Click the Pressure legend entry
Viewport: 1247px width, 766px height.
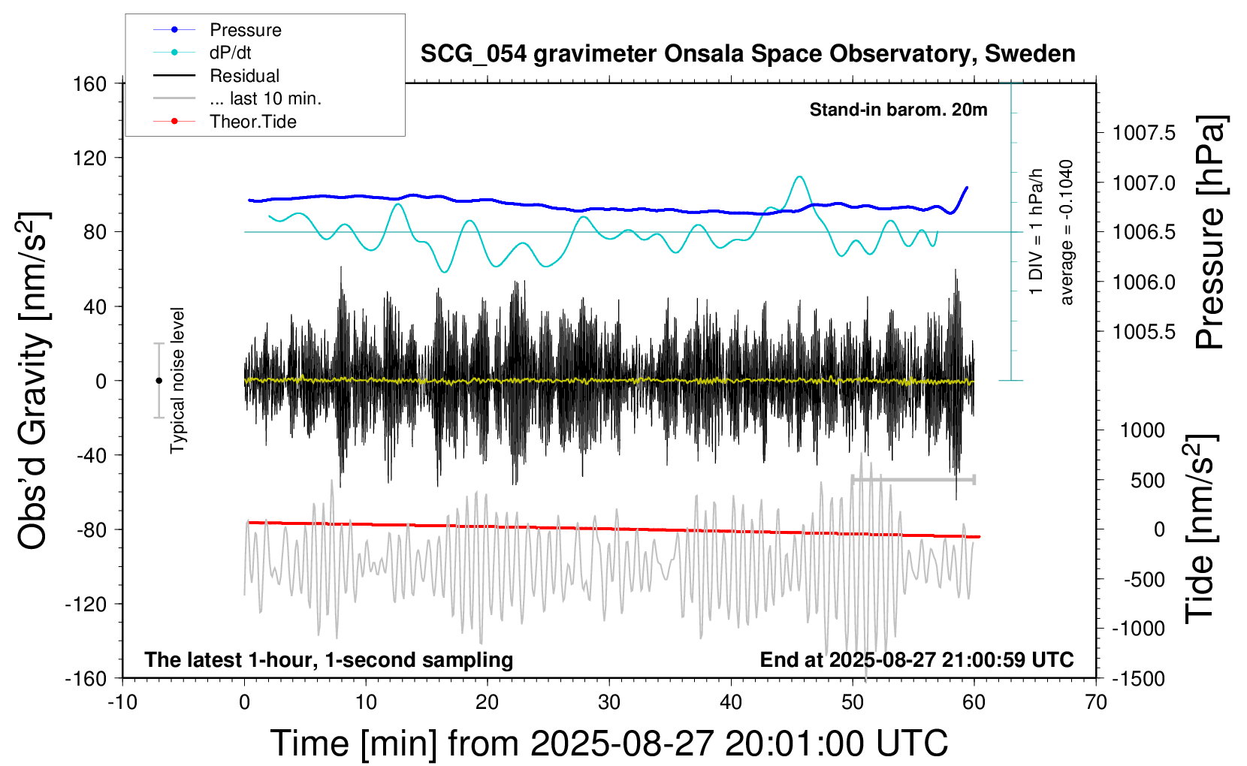click(x=245, y=30)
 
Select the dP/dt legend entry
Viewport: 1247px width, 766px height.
click(x=230, y=53)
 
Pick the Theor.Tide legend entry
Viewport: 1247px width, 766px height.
click(x=252, y=122)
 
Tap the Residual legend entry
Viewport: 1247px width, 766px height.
click(x=244, y=76)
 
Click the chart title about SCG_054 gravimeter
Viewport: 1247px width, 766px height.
click(x=747, y=54)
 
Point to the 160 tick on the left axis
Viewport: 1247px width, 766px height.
click(x=90, y=83)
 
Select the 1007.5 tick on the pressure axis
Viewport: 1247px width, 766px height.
click(x=1143, y=133)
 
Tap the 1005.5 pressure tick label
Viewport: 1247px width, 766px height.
click(x=1143, y=331)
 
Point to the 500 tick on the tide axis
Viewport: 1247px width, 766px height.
click(x=1148, y=480)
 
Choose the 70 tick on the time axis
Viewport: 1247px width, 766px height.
click(x=1096, y=703)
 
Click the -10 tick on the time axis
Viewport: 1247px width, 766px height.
click(x=122, y=703)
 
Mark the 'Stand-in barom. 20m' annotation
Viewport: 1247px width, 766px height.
click(x=898, y=110)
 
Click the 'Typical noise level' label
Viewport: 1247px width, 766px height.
click(x=177, y=380)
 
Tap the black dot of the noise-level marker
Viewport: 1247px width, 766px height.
click(x=159, y=381)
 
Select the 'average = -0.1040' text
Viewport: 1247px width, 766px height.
click(x=1067, y=232)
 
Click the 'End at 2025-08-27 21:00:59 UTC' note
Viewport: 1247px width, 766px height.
click(x=916, y=659)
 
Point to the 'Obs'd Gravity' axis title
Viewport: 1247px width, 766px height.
click(x=33, y=380)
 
